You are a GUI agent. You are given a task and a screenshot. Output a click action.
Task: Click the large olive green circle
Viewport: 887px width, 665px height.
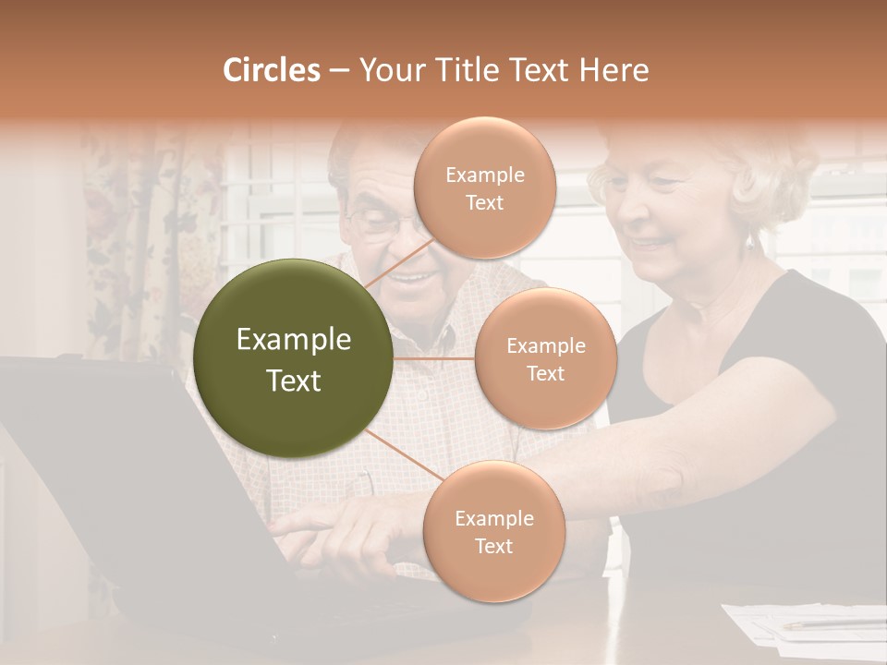(294, 358)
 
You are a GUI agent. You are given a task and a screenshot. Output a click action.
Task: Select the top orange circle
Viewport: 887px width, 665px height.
(484, 187)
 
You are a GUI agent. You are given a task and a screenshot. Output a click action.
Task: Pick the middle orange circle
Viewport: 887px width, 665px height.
(545, 358)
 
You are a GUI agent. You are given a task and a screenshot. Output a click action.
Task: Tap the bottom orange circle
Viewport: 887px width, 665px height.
(493, 531)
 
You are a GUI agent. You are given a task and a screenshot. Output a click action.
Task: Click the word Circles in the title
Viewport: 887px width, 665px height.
(271, 70)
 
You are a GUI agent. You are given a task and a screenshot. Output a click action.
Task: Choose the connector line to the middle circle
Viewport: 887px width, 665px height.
(433, 358)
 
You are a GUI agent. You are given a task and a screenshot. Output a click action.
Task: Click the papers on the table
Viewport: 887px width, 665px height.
(804, 623)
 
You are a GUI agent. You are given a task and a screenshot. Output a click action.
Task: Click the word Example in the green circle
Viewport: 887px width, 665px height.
(294, 340)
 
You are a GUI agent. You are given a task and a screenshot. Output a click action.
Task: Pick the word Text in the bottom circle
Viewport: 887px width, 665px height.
(493, 546)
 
